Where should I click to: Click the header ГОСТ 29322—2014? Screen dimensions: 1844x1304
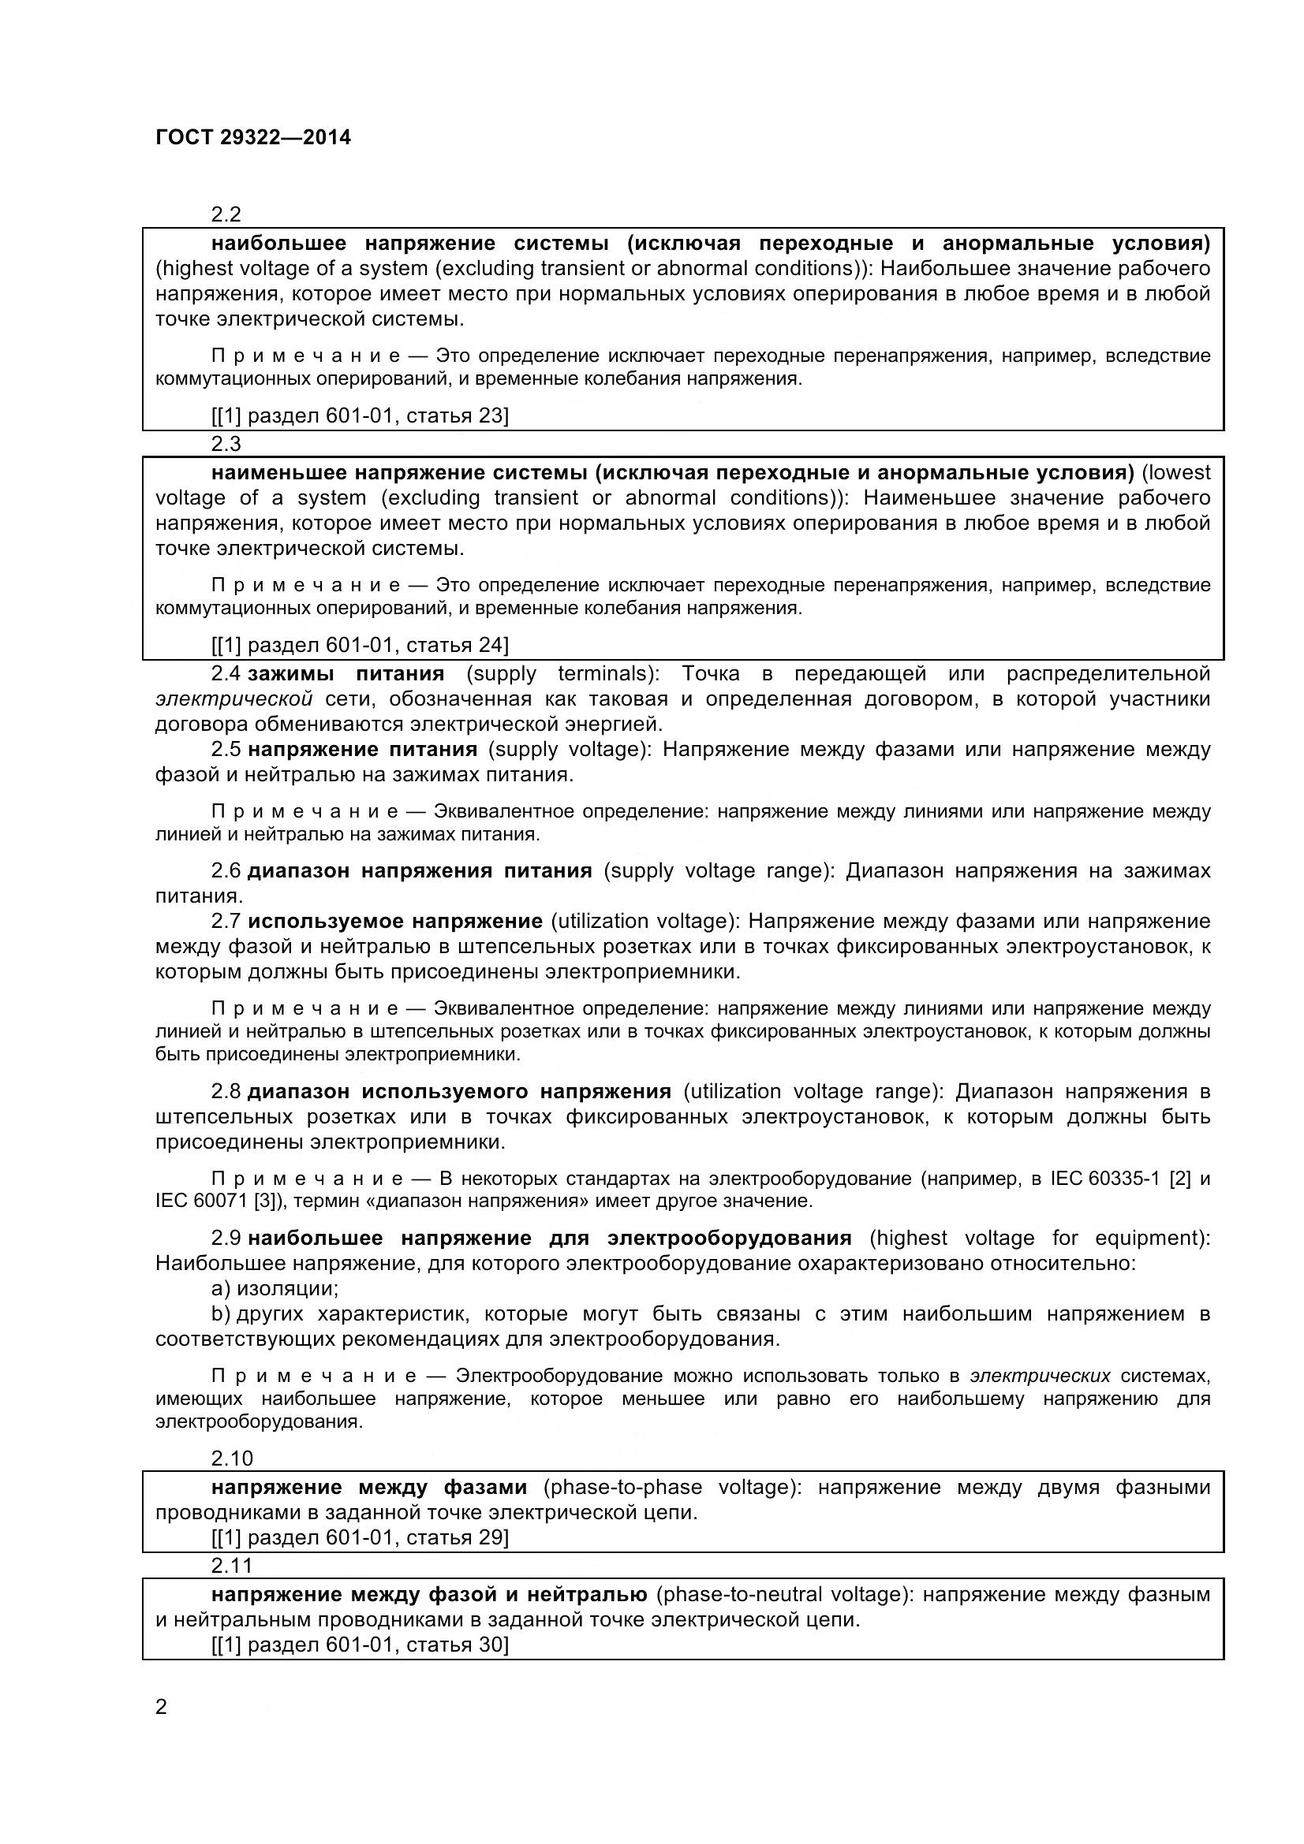[x=253, y=137]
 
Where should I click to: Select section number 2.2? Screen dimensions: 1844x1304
[x=226, y=214]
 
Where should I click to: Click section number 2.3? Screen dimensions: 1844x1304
[x=226, y=443]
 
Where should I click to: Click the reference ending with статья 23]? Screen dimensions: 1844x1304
[x=360, y=415]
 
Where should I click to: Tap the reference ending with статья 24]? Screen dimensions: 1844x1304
[x=360, y=645]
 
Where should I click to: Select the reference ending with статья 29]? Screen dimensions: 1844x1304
[x=360, y=1537]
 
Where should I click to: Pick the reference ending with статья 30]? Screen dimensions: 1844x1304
[x=360, y=1645]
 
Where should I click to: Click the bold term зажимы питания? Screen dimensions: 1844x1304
[x=346, y=673]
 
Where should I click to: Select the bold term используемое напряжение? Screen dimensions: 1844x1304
[x=395, y=920]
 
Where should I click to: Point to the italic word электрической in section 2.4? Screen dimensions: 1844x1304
[x=234, y=698]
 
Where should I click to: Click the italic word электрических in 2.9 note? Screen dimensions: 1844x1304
[x=1041, y=1376]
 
